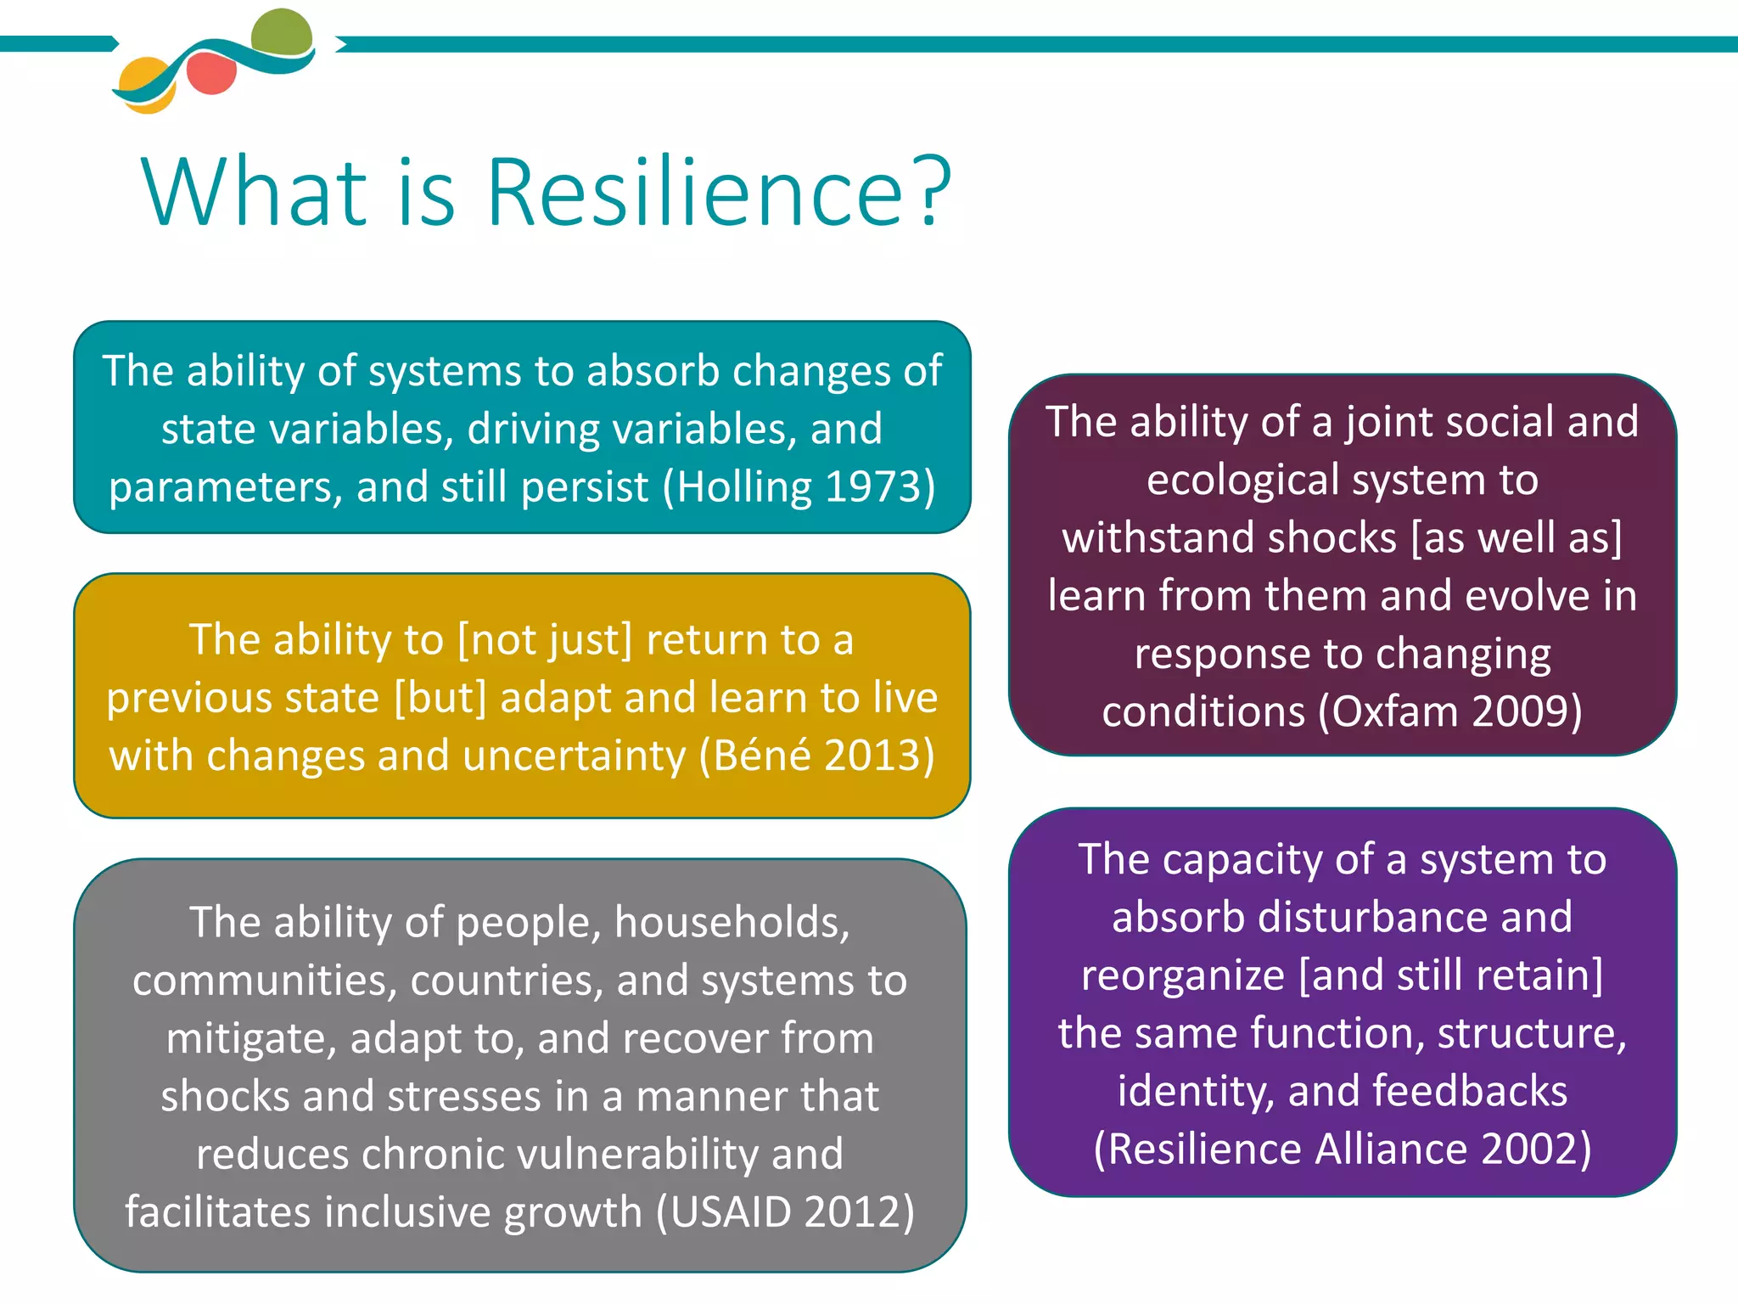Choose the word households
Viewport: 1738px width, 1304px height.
[732, 923]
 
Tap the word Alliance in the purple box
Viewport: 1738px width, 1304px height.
[1391, 1149]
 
